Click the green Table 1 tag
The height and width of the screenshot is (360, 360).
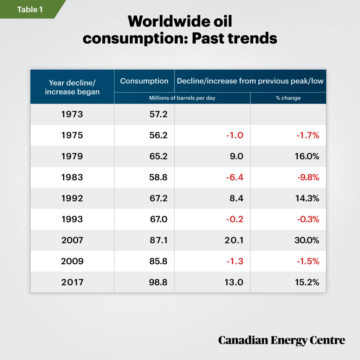(x=30, y=9)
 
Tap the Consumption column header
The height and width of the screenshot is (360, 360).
(x=144, y=81)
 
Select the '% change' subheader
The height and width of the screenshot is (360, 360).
(x=288, y=98)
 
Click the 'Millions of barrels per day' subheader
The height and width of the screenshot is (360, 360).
(x=182, y=98)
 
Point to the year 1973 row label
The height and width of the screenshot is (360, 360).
(x=72, y=114)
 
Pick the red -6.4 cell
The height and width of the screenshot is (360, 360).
(x=234, y=177)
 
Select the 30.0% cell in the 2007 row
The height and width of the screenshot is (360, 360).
(x=307, y=240)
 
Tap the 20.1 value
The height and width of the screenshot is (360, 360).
(x=233, y=240)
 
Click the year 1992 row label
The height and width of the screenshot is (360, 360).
(x=72, y=198)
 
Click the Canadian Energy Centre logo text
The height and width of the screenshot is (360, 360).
(x=282, y=340)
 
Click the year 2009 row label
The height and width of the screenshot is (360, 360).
(x=72, y=261)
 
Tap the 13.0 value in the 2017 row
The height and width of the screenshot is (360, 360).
(x=234, y=282)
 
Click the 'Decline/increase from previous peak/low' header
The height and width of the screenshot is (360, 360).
(x=250, y=81)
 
